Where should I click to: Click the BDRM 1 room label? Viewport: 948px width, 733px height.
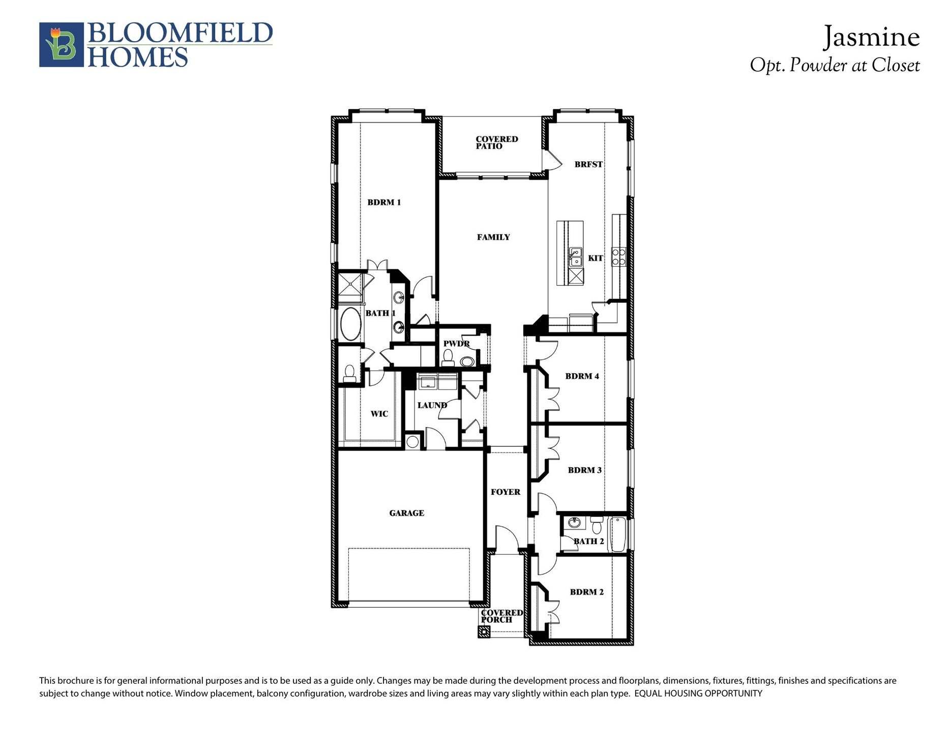coord(384,203)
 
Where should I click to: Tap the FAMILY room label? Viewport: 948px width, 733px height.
coord(493,237)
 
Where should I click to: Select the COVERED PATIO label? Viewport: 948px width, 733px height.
coord(496,143)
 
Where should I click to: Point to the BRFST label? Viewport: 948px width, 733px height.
coord(588,164)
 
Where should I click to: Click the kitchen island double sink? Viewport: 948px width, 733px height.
coord(575,257)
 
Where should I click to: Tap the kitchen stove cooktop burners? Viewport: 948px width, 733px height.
coord(618,257)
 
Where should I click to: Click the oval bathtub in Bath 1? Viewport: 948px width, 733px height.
coord(350,324)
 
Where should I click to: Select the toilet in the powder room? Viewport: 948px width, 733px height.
coord(448,359)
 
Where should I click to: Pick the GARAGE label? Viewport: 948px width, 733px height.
coord(406,513)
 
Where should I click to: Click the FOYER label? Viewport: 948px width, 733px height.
coord(505,492)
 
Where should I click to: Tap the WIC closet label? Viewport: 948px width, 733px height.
coord(379,414)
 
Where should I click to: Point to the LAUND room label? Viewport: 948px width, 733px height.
coord(432,406)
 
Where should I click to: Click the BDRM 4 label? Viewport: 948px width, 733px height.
coord(582,376)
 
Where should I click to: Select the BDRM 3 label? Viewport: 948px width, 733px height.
coord(584,470)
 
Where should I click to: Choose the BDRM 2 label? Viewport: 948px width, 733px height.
coord(586,592)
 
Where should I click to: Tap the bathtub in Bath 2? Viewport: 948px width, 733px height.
coord(618,534)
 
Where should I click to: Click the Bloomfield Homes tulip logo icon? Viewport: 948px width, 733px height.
coord(62,45)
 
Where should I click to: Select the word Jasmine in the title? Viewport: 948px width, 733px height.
coord(871,37)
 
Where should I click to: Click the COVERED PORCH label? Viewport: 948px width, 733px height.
coord(501,616)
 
